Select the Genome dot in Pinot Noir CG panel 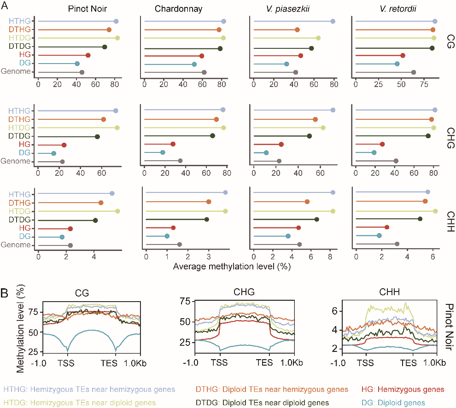pos(82,72)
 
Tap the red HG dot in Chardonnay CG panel pos(201,56)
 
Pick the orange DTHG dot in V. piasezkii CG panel pos(297,29)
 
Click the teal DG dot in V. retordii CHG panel pos(374,152)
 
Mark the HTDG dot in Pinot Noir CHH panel pos(117,211)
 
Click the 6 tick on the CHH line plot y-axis pos(335,311)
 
